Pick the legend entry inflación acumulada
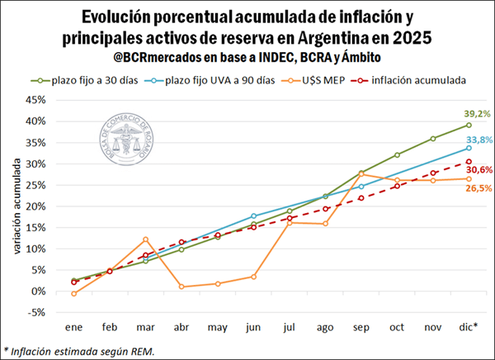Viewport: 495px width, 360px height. coord(417,80)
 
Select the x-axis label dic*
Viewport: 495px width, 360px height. coord(468,327)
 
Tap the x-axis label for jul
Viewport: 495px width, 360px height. coord(290,327)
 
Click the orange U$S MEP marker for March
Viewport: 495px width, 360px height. coord(146,239)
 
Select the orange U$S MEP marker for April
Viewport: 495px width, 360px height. coord(181,287)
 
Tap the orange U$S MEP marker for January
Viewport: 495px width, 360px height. coord(74,293)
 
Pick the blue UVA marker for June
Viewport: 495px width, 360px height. coord(253,216)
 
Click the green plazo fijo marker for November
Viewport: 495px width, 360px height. coord(433,139)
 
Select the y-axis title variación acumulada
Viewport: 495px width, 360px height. coord(16,206)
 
